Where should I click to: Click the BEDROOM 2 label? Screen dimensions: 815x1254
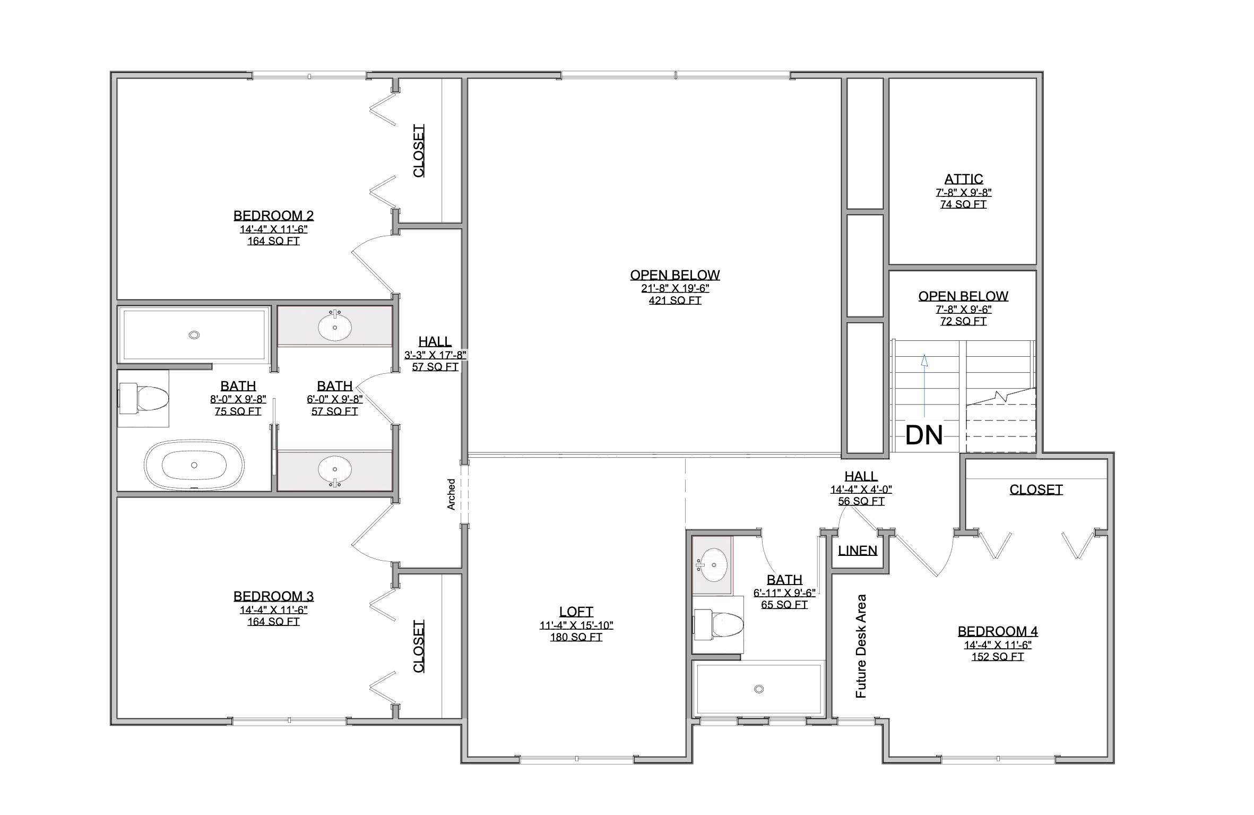(x=273, y=216)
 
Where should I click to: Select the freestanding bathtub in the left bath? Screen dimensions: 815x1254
(x=194, y=465)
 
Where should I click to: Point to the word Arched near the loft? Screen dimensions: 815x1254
(x=451, y=494)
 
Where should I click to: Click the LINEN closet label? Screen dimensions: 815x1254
(x=858, y=551)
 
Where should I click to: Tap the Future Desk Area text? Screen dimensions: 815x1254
(x=861, y=646)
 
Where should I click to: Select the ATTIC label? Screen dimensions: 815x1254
(x=963, y=179)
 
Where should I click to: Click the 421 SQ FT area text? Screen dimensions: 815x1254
(x=674, y=301)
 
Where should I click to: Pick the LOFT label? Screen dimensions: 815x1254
(x=576, y=612)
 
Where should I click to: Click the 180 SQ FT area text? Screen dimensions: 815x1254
(x=576, y=637)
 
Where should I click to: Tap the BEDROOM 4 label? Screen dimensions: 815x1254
(x=997, y=631)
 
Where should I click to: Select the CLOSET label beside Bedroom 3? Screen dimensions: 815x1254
(x=419, y=646)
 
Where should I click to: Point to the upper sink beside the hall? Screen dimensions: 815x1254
(x=335, y=327)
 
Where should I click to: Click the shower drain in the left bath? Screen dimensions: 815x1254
(x=194, y=335)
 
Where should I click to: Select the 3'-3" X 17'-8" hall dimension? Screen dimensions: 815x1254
(x=435, y=355)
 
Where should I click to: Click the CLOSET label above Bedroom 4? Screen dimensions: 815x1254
(x=1035, y=490)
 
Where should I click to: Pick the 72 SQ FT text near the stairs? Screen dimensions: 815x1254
(x=963, y=321)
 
